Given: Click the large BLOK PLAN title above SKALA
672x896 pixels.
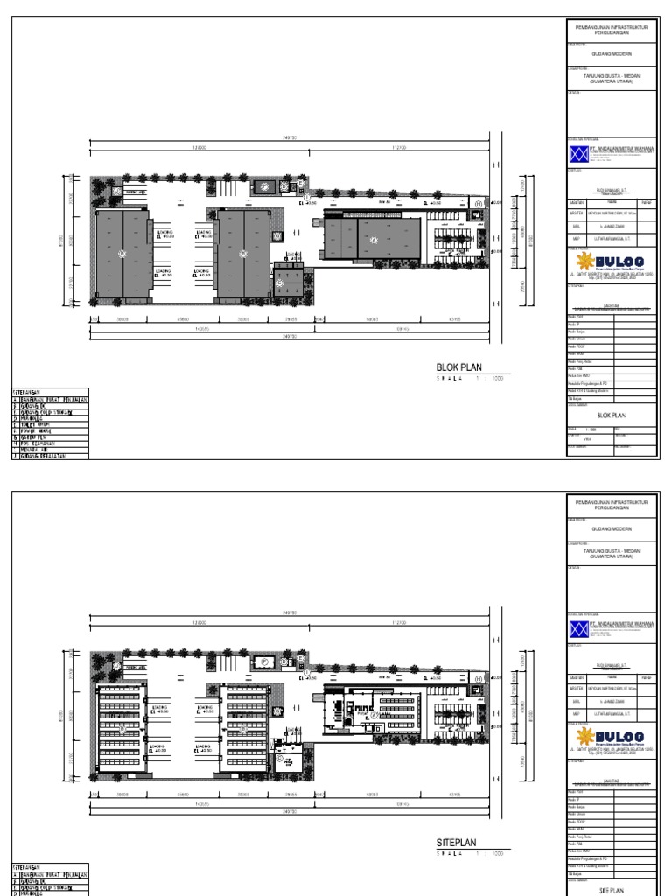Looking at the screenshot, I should (458, 368).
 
